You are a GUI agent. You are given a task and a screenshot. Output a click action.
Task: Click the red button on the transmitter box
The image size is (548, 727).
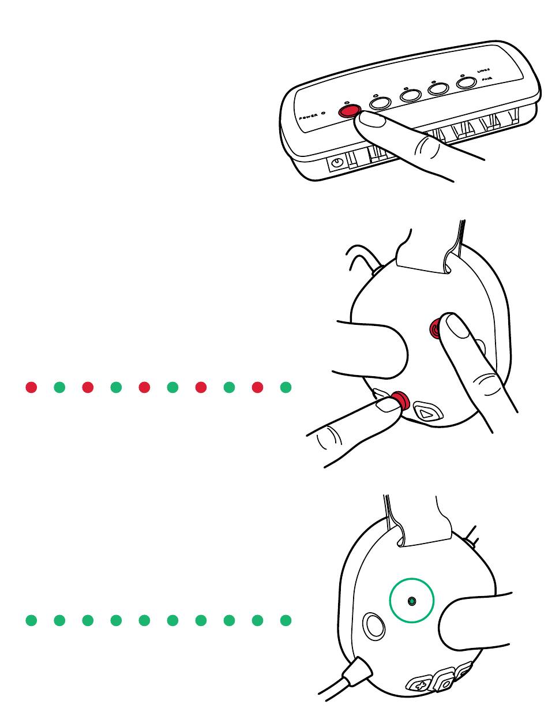pos(348,110)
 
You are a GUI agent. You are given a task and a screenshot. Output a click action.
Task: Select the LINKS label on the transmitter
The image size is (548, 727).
pos(483,70)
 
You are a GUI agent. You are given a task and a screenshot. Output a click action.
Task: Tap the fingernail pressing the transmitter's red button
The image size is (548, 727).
pos(372,119)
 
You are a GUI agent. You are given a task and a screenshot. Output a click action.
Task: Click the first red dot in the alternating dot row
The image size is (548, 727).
pos(31,387)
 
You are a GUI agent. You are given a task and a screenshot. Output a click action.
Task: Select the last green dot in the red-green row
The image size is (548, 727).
pos(286,387)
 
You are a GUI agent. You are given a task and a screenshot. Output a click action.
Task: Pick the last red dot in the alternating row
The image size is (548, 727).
pos(257,387)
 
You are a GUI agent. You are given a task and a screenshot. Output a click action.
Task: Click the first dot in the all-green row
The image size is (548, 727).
pos(31,621)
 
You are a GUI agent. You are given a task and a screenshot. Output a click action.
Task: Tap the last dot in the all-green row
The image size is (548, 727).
pos(286,621)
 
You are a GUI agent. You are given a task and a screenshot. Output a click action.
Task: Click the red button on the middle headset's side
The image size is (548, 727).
pos(437,329)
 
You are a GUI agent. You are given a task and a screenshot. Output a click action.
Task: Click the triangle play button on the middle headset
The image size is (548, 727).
pos(427,413)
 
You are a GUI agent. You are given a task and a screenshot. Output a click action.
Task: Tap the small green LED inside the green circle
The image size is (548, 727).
pos(411,601)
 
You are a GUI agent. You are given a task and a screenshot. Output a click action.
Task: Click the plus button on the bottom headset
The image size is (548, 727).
pos(419,685)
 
